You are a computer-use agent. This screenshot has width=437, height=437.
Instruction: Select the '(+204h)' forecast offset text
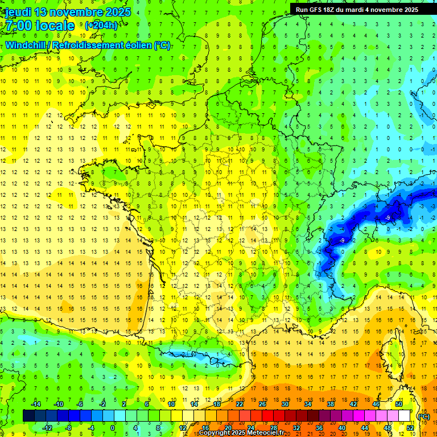(101, 25)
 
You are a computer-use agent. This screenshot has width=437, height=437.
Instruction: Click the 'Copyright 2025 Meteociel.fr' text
(241, 432)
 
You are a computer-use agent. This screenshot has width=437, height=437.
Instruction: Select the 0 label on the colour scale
(113, 428)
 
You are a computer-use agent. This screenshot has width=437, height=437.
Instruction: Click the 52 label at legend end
(410, 428)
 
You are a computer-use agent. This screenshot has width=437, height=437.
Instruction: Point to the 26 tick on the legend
(262, 404)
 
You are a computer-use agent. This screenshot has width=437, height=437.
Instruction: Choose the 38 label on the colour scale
(331, 404)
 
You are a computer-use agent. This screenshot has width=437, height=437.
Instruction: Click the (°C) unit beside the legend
(423, 416)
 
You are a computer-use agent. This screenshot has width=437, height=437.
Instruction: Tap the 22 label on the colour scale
(240, 404)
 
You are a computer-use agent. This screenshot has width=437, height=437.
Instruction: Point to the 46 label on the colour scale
(376, 404)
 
